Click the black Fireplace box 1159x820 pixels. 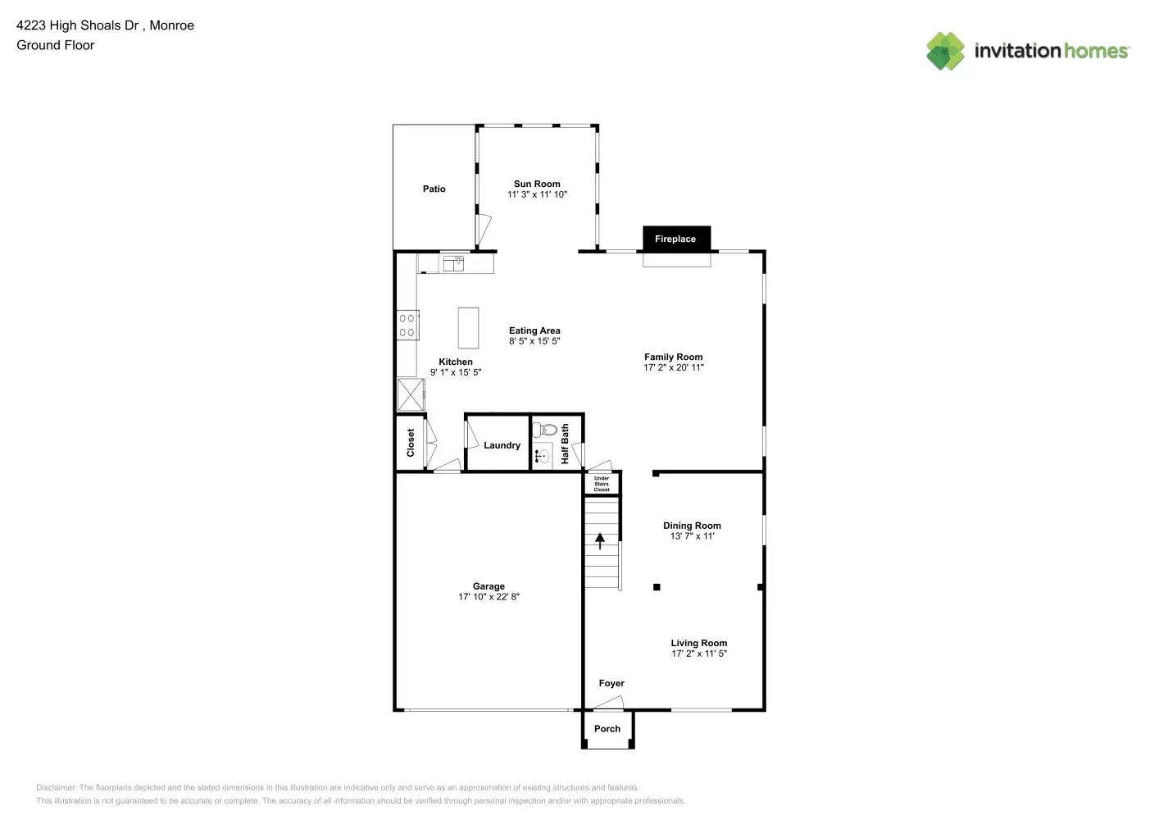[675, 239]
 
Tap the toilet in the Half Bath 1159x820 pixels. [545, 430]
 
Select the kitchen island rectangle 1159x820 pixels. [468, 328]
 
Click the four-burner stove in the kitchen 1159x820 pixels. [407, 325]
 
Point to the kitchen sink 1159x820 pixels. [453, 263]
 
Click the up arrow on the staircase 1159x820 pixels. [600, 541]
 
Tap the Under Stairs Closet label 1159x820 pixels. [602, 484]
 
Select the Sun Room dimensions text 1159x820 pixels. [537, 195]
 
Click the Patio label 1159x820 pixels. [434, 189]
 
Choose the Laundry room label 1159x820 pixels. [502, 445]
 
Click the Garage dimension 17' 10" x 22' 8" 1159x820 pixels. [489, 597]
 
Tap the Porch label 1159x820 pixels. [607, 729]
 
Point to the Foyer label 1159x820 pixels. [611, 683]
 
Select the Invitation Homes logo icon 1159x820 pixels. [945, 51]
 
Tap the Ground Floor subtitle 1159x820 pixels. [56, 46]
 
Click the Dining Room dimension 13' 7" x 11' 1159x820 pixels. [692, 536]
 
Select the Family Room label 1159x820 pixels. [673, 357]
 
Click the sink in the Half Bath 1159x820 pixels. [543, 456]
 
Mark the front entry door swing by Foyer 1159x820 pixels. [609, 703]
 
